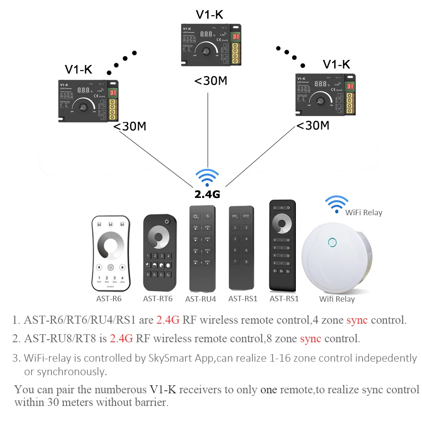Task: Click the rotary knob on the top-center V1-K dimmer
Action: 206,51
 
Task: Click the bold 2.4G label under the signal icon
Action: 207,194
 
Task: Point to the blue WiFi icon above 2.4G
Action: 208,177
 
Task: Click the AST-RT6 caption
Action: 158,299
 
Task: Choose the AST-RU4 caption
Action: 200,299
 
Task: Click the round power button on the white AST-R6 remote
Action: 111,267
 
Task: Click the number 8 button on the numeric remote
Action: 246,262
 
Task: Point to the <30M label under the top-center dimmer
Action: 210,80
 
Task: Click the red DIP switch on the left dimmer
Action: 113,92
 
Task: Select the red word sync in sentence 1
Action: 357,320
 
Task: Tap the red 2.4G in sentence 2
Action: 121,338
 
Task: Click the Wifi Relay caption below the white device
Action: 337,299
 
